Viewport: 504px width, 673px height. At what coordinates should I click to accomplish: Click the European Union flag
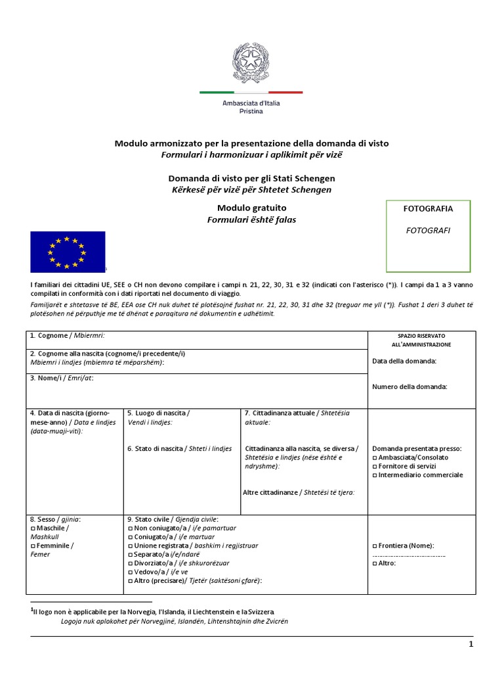point(68,252)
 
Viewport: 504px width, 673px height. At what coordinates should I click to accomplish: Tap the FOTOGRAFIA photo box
point(428,236)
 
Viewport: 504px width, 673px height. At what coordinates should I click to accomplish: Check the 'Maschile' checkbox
point(33,528)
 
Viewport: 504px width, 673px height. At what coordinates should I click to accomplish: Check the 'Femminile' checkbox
point(33,545)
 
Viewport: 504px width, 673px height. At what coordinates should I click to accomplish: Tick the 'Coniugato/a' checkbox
point(129,537)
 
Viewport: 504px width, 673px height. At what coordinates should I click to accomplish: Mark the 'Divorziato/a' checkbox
point(129,563)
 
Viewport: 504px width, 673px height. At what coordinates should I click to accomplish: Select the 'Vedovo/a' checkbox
point(129,572)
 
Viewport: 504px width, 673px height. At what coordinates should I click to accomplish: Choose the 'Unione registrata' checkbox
point(129,545)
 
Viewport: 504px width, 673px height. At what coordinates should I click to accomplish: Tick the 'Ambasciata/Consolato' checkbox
point(375,457)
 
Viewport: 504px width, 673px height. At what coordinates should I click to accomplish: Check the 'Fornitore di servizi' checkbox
point(375,466)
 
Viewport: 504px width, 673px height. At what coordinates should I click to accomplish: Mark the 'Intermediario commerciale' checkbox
point(375,475)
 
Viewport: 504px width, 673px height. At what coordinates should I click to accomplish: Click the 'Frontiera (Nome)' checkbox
point(375,545)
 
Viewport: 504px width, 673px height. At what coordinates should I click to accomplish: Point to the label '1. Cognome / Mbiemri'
point(67,336)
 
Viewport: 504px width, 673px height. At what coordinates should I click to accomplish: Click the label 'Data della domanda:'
point(404,361)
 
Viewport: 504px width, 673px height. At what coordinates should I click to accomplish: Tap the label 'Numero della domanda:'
point(409,386)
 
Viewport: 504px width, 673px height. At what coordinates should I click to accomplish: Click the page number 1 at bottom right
point(471,645)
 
